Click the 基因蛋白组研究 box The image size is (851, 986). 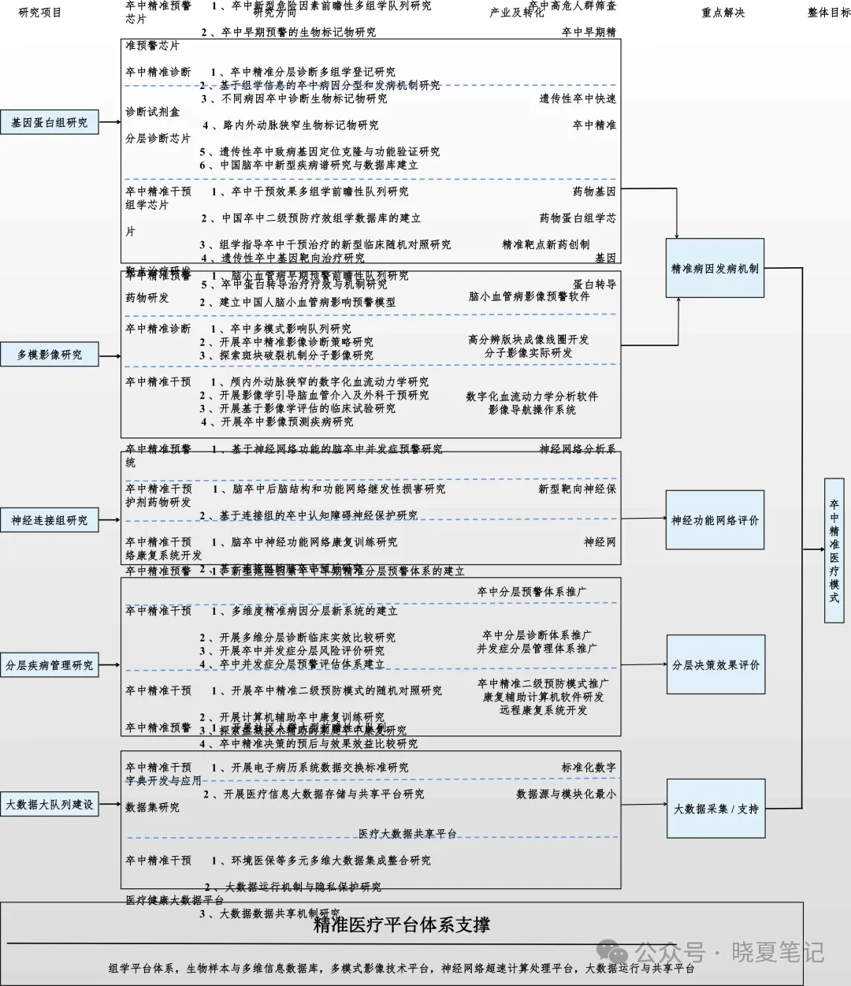(x=50, y=123)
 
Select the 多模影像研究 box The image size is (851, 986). (x=50, y=355)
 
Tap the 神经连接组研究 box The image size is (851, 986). (x=50, y=520)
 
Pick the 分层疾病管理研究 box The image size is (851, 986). (x=50, y=665)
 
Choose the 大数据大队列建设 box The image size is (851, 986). (x=50, y=805)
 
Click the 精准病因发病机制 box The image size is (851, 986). (x=715, y=269)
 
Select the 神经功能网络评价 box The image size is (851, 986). (x=715, y=520)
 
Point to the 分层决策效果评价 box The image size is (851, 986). (x=715, y=665)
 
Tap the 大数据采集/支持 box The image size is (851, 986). (x=715, y=809)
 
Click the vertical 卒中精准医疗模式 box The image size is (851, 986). (x=834, y=550)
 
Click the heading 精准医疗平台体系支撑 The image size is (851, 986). (x=402, y=925)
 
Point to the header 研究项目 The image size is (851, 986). (x=40, y=13)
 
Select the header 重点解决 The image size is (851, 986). (x=723, y=13)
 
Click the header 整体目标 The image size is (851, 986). (x=829, y=13)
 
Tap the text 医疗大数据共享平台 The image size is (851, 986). (x=407, y=834)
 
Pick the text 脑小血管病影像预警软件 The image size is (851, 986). (x=529, y=296)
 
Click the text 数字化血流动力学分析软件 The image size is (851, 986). (x=532, y=396)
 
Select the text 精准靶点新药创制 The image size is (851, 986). (x=545, y=244)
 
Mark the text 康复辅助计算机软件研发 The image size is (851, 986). (x=544, y=697)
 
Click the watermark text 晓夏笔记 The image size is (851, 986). (x=778, y=951)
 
